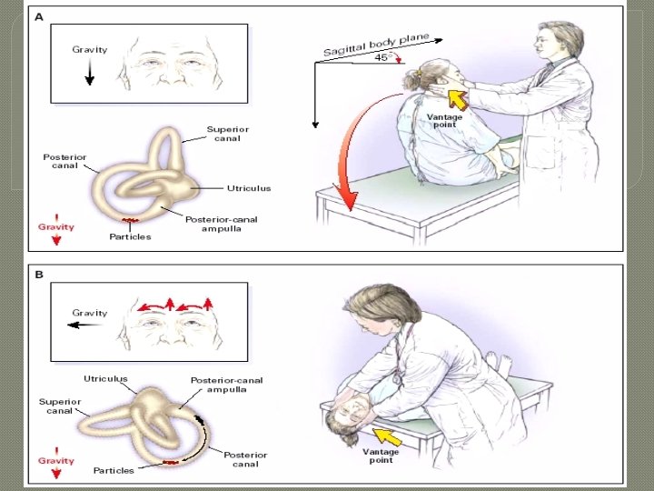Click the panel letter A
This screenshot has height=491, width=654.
[x=38, y=15]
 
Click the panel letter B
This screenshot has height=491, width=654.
[x=38, y=273]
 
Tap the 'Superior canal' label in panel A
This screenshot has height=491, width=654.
[x=227, y=135]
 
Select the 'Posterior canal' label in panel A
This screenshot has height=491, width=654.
[x=64, y=162]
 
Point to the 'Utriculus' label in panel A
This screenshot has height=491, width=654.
[x=249, y=188]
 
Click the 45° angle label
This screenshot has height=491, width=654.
[x=383, y=57]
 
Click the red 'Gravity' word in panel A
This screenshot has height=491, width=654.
[x=55, y=226]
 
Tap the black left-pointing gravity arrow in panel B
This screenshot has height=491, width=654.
[x=88, y=324]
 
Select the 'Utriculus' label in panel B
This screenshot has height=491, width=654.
[x=105, y=378]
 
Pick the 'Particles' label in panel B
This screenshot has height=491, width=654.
[x=114, y=470]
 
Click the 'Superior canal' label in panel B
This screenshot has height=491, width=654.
[x=59, y=406]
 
